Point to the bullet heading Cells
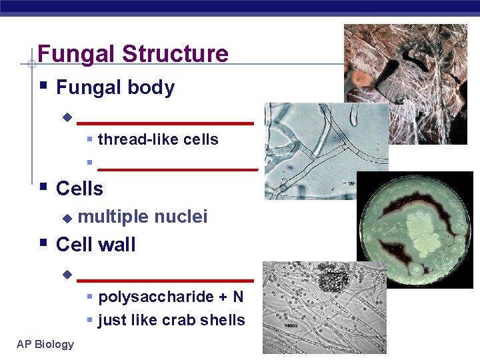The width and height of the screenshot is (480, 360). (79, 189)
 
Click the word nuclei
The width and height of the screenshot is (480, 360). (181, 217)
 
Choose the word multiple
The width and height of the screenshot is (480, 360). (113, 217)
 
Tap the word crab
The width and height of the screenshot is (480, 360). (179, 320)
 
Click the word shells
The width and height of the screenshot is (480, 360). (223, 320)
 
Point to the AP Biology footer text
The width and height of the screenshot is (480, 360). (45, 344)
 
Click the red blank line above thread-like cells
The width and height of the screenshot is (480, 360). (165, 123)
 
